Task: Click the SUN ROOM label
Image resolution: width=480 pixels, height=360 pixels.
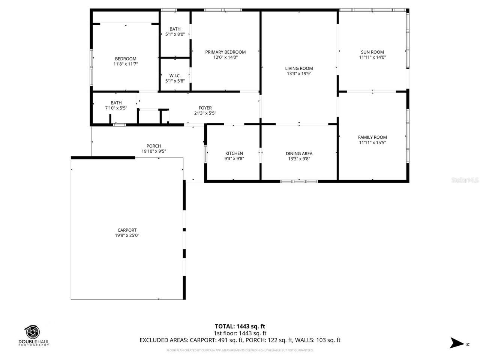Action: (372, 52)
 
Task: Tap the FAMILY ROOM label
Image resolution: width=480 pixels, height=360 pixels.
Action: (372, 137)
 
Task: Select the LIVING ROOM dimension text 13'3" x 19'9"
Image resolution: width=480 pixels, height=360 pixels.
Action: (299, 74)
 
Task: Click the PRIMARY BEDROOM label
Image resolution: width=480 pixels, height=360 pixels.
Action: (225, 52)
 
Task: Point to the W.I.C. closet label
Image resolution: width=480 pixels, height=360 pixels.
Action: (175, 76)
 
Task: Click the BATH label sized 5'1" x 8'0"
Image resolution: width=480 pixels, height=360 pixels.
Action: (175, 29)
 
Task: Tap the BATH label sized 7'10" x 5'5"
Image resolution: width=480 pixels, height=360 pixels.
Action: (116, 103)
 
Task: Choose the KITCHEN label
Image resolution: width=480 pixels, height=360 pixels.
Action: (234, 153)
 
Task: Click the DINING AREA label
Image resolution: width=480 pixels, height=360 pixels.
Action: (299, 153)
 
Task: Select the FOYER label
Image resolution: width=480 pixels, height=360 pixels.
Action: (205, 108)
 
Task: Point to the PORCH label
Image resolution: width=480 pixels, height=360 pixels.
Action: (154, 146)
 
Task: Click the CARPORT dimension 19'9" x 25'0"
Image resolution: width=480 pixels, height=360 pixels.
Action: (127, 235)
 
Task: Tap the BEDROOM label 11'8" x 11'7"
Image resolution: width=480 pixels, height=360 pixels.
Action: (126, 59)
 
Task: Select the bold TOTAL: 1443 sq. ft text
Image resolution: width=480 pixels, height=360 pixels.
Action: (240, 326)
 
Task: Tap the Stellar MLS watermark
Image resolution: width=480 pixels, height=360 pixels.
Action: (465, 180)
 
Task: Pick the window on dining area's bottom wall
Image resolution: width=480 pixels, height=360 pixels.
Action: (299, 181)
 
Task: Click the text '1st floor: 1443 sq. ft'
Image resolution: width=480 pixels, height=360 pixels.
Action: (240, 333)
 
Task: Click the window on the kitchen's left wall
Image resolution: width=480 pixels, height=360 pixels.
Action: (205, 153)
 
